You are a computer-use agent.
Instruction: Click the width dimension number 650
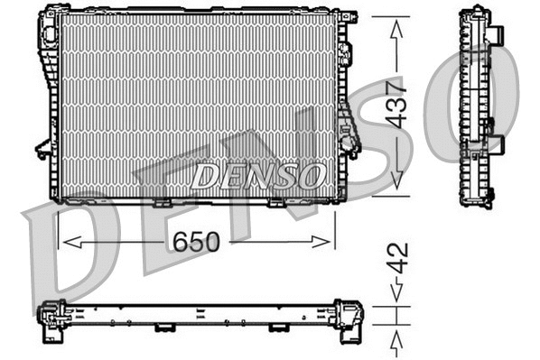point(195,241)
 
